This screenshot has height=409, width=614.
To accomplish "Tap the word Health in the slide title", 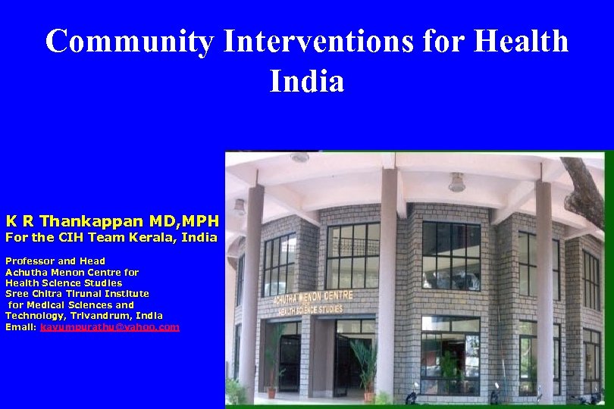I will [x=521, y=41].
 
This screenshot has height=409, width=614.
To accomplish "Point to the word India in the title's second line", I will [x=307, y=81].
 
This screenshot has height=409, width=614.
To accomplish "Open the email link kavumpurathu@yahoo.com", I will [x=110, y=327].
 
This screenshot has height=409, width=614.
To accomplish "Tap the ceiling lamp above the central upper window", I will [x=456, y=183].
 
